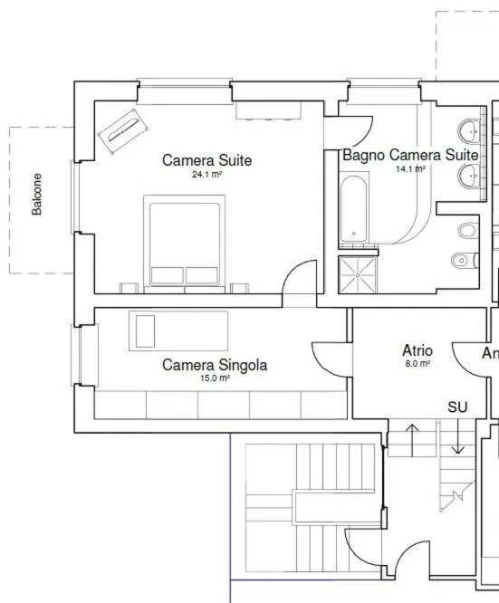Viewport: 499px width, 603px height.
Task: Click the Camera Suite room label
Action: [206, 160]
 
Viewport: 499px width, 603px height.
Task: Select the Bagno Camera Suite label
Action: [409, 155]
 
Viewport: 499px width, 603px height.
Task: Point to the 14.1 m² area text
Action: [409, 168]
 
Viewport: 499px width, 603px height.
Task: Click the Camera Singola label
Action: [215, 365]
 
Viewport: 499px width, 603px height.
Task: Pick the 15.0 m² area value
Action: [215, 378]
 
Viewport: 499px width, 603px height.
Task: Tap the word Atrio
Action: [417, 349]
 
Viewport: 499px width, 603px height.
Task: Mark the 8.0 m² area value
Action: [417, 363]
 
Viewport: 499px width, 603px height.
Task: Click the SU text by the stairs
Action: [457, 407]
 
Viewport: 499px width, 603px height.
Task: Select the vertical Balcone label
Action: [37, 194]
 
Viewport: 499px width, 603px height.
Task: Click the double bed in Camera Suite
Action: [184, 244]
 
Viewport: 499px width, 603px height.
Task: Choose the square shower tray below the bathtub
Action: [360, 274]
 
